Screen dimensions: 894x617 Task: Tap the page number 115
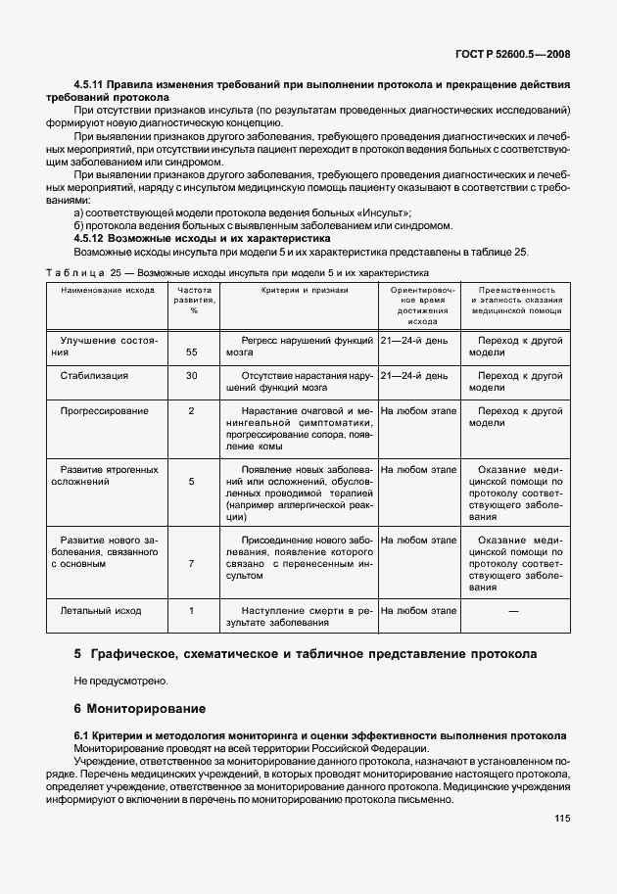pos(561,819)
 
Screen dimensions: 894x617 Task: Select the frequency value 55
pos(192,351)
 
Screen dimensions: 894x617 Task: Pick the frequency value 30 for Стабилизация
pos(192,375)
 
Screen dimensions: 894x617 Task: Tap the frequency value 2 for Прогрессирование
pos(192,410)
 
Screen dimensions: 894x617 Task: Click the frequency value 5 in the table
pos(192,481)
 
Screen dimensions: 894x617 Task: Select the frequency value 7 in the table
pos(192,563)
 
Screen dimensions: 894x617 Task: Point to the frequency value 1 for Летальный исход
pos(192,610)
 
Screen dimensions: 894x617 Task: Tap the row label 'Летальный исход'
pos(101,610)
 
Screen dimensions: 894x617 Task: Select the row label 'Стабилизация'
pos(94,375)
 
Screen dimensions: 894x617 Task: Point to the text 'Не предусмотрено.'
pos(119,679)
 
